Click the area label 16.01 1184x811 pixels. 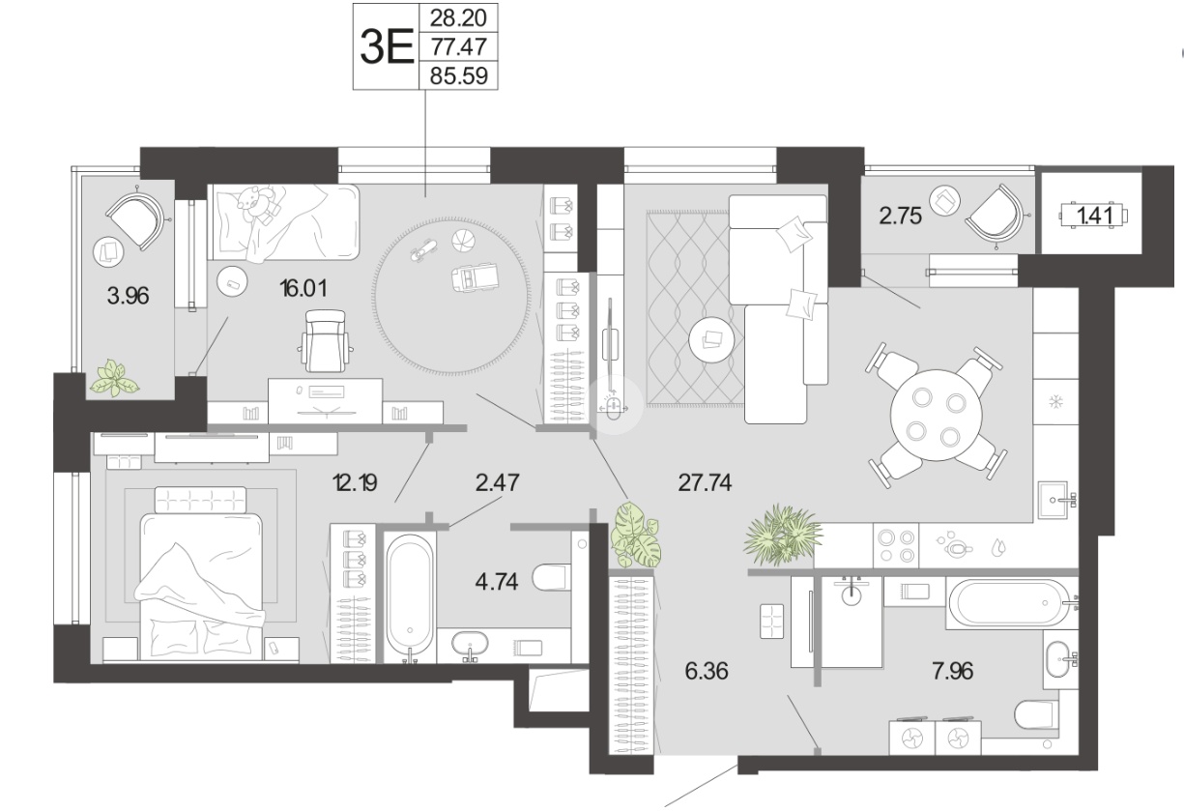click(303, 289)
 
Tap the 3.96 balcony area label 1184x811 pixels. click(128, 296)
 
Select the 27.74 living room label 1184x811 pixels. click(706, 482)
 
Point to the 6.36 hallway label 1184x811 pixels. click(707, 671)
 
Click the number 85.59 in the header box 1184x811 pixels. click(458, 75)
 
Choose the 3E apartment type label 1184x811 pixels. click(387, 46)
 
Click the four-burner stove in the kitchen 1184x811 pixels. click(896, 546)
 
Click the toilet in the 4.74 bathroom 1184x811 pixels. click(552, 577)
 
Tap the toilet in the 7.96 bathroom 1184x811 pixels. click(1036, 714)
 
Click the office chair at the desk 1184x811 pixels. click(326, 340)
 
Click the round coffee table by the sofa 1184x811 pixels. click(711, 339)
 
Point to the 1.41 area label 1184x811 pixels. click(1094, 216)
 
